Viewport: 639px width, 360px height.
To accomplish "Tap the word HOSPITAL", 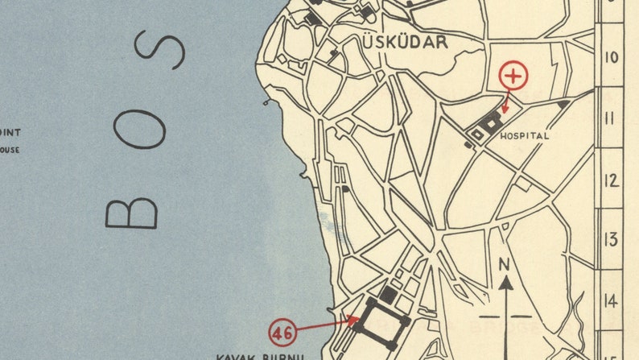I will [x=525, y=136].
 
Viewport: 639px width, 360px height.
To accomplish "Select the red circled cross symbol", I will [x=514, y=77].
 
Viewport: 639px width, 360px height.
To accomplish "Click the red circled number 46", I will [x=282, y=331].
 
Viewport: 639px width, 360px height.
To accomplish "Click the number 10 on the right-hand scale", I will [x=611, y=57].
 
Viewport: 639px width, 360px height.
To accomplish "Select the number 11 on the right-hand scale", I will [x=611, y=118].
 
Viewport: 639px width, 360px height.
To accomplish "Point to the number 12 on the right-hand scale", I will [x=611, y=180].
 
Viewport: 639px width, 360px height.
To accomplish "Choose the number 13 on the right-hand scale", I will [x=611, y=239].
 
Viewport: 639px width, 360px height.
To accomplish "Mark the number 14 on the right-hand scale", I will [x=611, y=300].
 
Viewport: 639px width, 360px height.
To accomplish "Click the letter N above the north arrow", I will [x=505, y=264].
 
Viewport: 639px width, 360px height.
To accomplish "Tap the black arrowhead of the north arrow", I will [x=506, y=282].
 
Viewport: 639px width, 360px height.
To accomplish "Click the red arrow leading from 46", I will [x=327, y=325].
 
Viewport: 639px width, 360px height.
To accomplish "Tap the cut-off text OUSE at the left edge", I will [x=10, y=150].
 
